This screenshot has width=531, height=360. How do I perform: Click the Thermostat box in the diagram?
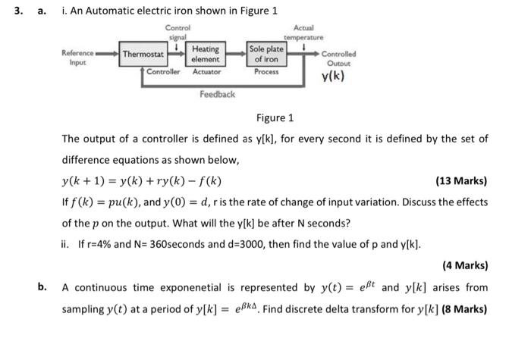(144, 55)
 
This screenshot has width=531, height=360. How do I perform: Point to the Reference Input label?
(78, 58)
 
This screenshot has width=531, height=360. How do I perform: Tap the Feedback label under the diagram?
(217, 94)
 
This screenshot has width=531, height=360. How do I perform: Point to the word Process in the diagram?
(266, 71)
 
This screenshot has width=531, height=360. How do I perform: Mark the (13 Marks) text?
(462, 181)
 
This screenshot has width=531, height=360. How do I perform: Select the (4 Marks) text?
(464, 266)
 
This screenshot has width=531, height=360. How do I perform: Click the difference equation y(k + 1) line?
(141, 181)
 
